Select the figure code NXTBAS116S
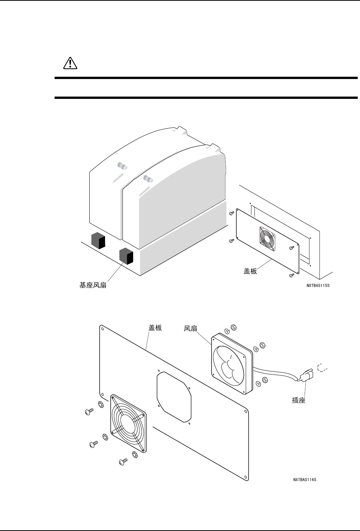tap(304, 479)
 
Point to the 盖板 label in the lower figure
tap(155, 328)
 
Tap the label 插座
tap(296, 401)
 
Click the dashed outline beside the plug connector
tap(323, 368)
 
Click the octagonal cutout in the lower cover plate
tap(174, 397)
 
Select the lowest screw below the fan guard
tap(123, 461)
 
